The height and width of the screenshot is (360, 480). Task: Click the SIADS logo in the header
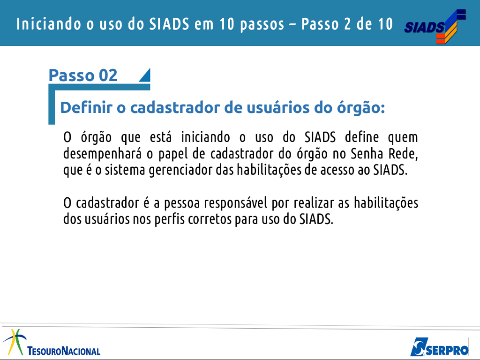pos(435,26)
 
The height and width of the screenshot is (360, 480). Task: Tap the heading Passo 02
pos(83,75)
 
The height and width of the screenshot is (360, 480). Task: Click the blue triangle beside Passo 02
pos(144,75)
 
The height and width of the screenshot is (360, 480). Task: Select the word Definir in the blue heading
pos(86,107)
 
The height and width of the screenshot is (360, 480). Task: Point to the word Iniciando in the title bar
pos(49,24)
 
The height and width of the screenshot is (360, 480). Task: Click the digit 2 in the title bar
pos(347,24)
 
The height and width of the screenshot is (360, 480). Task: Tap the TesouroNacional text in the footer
pos(64,351)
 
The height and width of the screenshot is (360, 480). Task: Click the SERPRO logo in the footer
pos(439,347)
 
